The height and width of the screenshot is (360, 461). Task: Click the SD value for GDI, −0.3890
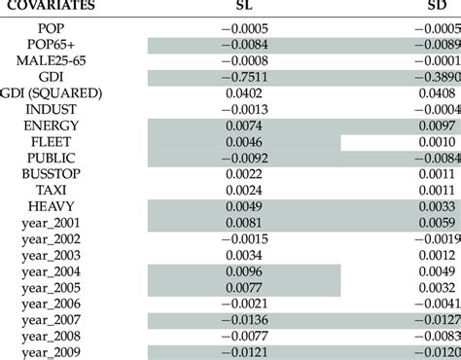point(431,76)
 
